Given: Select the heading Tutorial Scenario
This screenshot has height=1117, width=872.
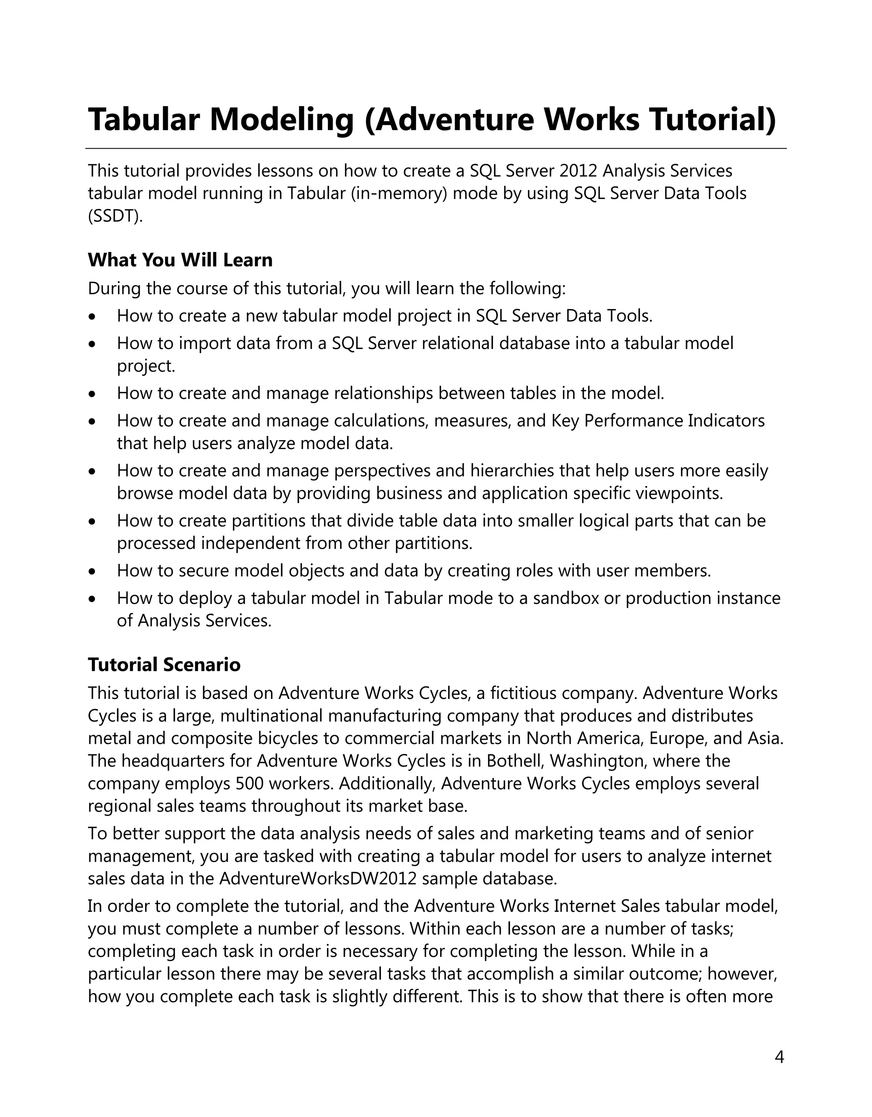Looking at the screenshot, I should (x=164, y=664).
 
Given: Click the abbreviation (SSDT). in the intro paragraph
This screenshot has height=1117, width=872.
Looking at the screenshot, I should (x=115, y=216).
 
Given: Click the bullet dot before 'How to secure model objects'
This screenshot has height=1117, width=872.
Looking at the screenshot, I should (x=92, y=571).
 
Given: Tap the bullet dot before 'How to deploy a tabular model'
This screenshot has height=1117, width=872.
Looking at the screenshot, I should (x=92, y=599).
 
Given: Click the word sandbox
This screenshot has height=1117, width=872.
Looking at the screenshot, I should (x=565, y=598).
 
